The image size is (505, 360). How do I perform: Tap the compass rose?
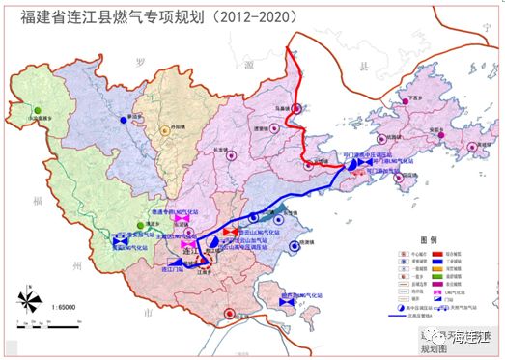click(x=28, y=303)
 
